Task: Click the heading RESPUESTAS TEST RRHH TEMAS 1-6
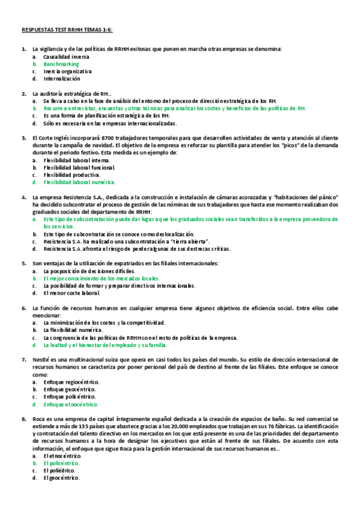[x=67, y=29]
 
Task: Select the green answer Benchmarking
[x=61, y=64]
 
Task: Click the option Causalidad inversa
[x=66, y=57]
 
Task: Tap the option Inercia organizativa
[x=67, y=71]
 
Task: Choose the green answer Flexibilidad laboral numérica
[x=79, y=182]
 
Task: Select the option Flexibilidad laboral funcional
[x=78, y=167]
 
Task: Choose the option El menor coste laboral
[x=71, y=293]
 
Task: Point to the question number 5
[x=23, y=263]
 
